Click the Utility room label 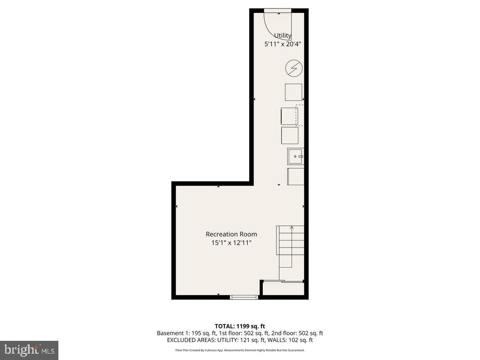click(x=282, y=36)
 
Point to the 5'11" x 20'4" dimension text click(x=282, y=44)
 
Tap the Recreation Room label click(x=231, y=234)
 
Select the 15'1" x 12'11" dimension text click(x=231, y=242)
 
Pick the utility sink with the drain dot click(x=296, y=156)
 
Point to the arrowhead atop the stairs click(x=292, y=228)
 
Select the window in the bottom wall click(x=244, y=297)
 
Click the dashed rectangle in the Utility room click(x=300, y=115)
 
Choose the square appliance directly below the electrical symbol click(x=293, y=92)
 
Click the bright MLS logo click(x=29, y=350)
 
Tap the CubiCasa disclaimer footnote click(x=240, y=350)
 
